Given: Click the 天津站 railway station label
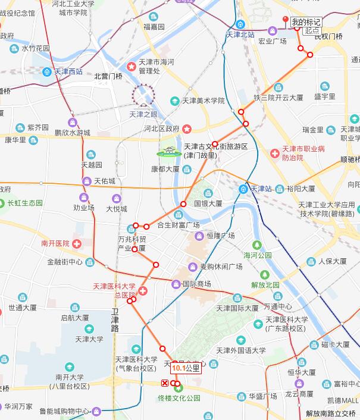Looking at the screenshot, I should coord(261,189).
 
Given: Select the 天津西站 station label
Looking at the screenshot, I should coord(68,71).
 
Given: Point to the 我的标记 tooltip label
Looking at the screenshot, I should coord(306,22).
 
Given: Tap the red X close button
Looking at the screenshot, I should coord(165,383).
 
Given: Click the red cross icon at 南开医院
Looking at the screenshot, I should coord(78,243).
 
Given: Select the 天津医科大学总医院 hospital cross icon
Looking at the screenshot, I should coord(143,290).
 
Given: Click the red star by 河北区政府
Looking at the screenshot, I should coord(187,128).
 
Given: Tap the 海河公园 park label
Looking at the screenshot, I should coord(257,255).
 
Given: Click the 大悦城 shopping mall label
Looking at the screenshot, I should coord(117,209).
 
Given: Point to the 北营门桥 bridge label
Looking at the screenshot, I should coord(108,76).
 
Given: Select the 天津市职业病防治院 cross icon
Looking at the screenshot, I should coord(274,153).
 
